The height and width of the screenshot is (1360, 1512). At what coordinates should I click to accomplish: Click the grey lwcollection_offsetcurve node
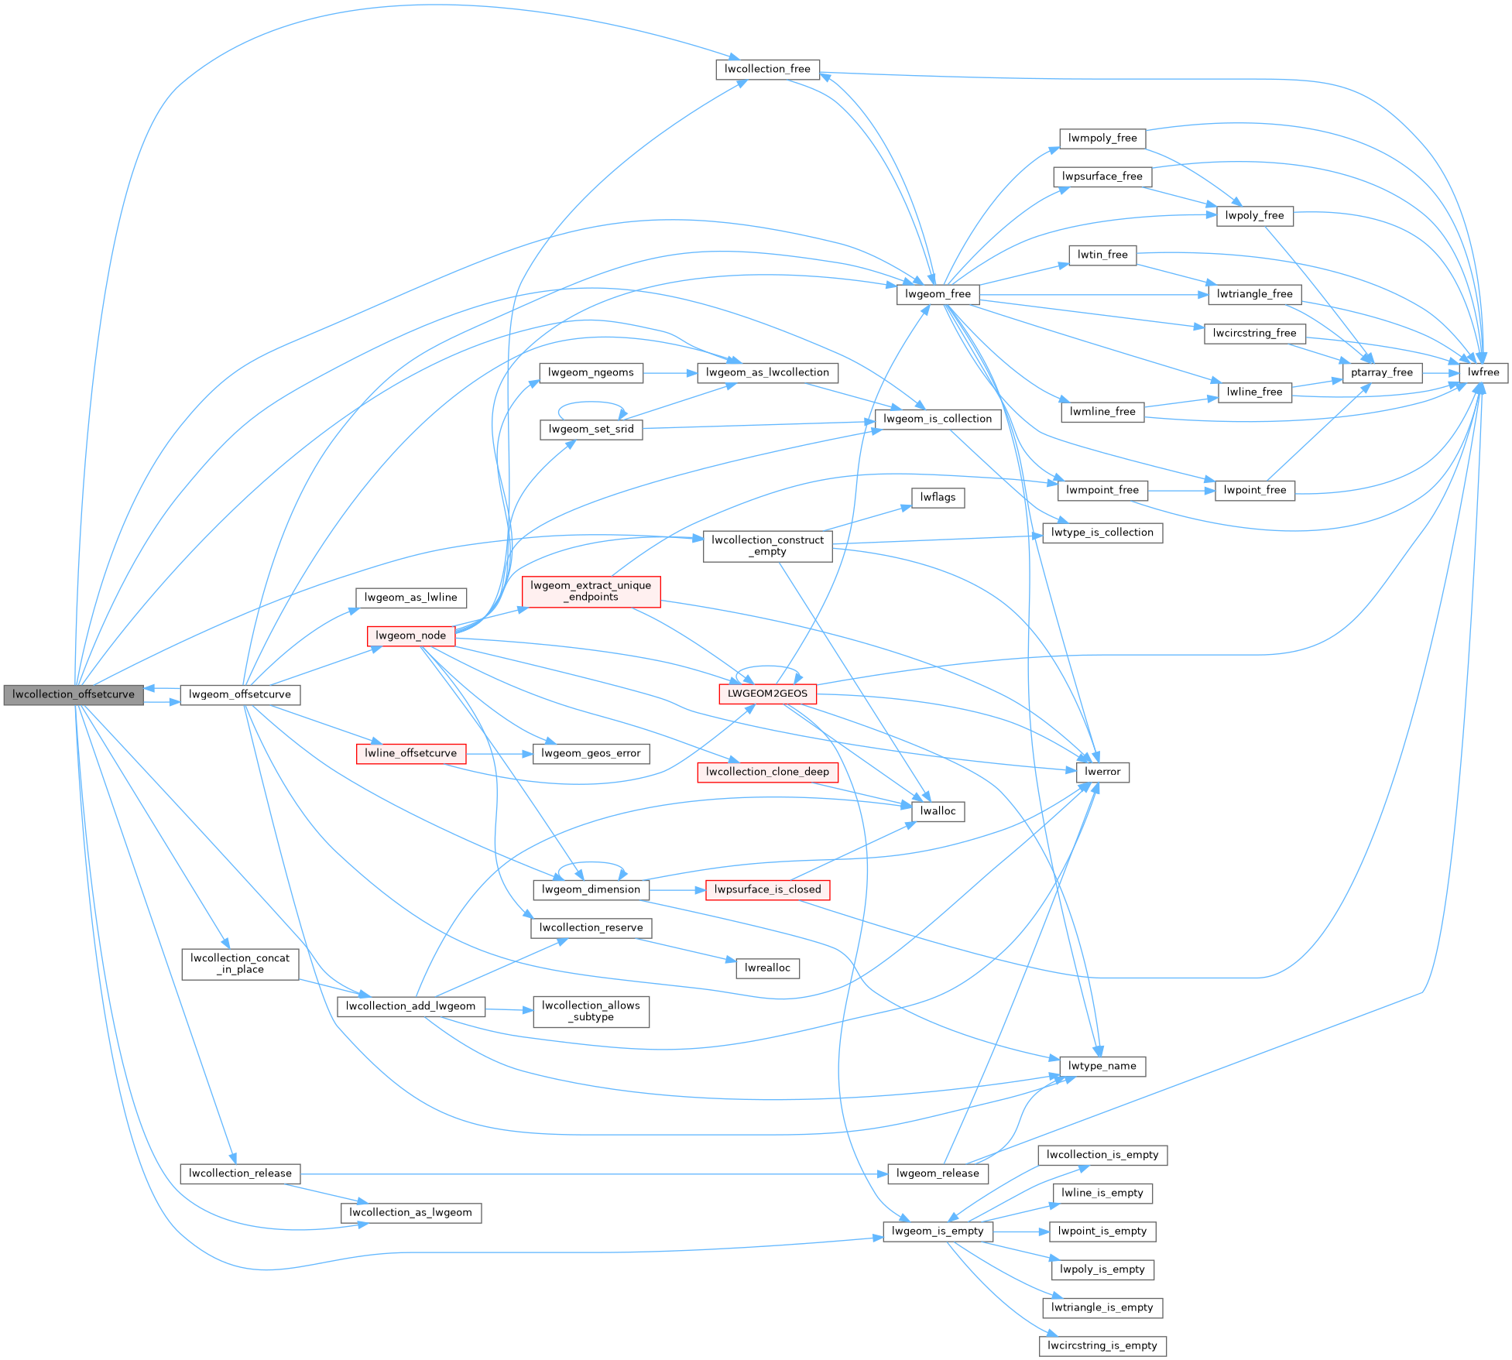[74, 694]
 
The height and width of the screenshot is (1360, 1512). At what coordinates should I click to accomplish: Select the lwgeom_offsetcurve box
[240, 694]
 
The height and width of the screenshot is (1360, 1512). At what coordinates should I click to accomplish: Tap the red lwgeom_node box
[410, 635]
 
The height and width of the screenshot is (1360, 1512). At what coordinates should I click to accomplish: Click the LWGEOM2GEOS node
[767, 694]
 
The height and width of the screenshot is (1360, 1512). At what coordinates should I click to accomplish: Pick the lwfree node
[1483, 372]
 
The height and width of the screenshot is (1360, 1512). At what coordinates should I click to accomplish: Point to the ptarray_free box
[1382, 372]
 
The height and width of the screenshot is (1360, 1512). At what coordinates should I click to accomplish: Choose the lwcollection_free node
[767, 69]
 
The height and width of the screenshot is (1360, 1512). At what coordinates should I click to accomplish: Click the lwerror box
[1102, 772]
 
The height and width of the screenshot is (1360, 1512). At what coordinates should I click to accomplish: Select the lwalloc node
[938, 811]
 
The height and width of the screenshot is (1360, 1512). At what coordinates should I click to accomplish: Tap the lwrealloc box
[767, 968]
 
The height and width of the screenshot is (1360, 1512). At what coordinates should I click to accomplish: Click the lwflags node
[938, 497]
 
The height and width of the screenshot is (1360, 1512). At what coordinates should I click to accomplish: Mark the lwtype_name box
[1102, 1066]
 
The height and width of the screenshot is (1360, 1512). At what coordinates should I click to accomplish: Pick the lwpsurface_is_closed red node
[767, 889]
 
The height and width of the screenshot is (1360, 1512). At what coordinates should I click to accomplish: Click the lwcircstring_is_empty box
[1102, 1345]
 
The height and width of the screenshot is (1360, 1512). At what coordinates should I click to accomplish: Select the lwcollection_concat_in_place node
[240, 964]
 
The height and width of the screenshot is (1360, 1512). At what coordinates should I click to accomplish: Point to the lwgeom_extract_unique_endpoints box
[591, 591]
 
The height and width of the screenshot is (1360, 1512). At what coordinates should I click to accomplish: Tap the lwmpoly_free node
[1102, 138]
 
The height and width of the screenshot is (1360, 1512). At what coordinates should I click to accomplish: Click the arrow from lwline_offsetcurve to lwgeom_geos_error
[499, 753]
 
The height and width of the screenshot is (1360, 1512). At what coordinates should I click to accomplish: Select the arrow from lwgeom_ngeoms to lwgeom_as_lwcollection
[670, 373]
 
